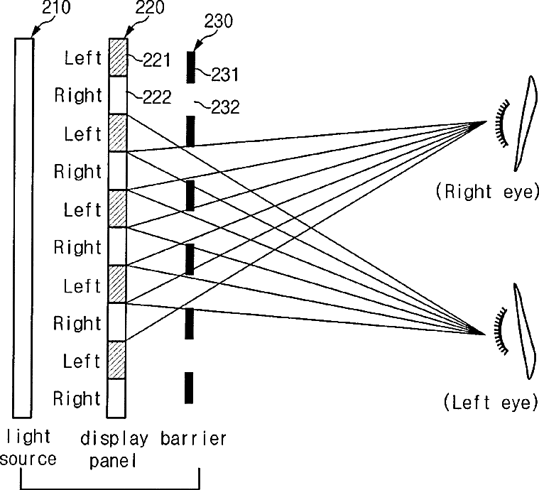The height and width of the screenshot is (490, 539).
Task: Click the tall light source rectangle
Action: tap(23, 227)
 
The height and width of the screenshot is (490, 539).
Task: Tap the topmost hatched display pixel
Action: tap(117, 58)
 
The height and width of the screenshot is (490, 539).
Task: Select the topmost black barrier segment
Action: tap(190, 67)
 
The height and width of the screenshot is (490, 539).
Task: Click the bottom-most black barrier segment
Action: tap(189, 388)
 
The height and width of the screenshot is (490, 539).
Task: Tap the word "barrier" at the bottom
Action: tap(192, 438)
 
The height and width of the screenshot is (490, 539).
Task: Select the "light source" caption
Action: tap(28, 448)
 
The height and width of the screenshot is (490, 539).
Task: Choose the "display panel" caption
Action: tap(114, 449)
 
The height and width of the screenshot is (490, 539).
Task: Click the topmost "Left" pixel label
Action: tap(83, 58)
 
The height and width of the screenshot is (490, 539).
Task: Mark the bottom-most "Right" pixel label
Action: tap(77, 399)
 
